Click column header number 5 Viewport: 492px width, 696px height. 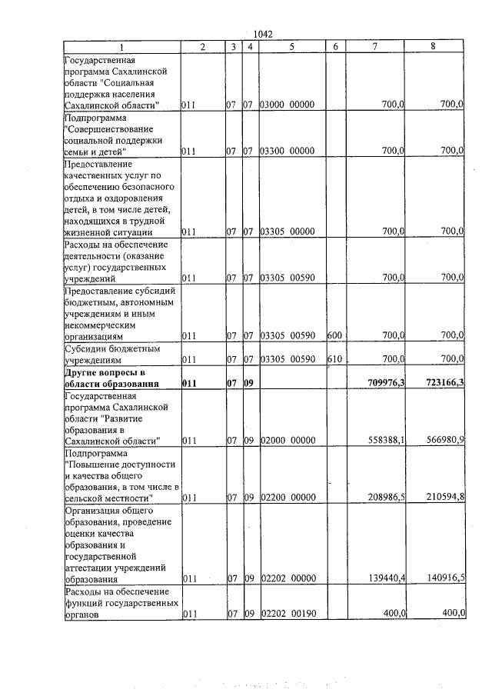pos(292,47)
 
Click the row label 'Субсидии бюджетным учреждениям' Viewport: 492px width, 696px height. pos(112,354)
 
